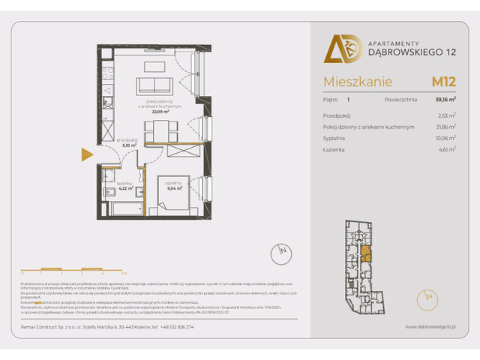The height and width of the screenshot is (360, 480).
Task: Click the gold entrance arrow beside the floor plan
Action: (x=87, y=155)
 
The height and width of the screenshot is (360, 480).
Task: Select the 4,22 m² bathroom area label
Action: (x=124, y=188)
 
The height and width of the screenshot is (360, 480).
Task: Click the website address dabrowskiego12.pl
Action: (x=431, y=327)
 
